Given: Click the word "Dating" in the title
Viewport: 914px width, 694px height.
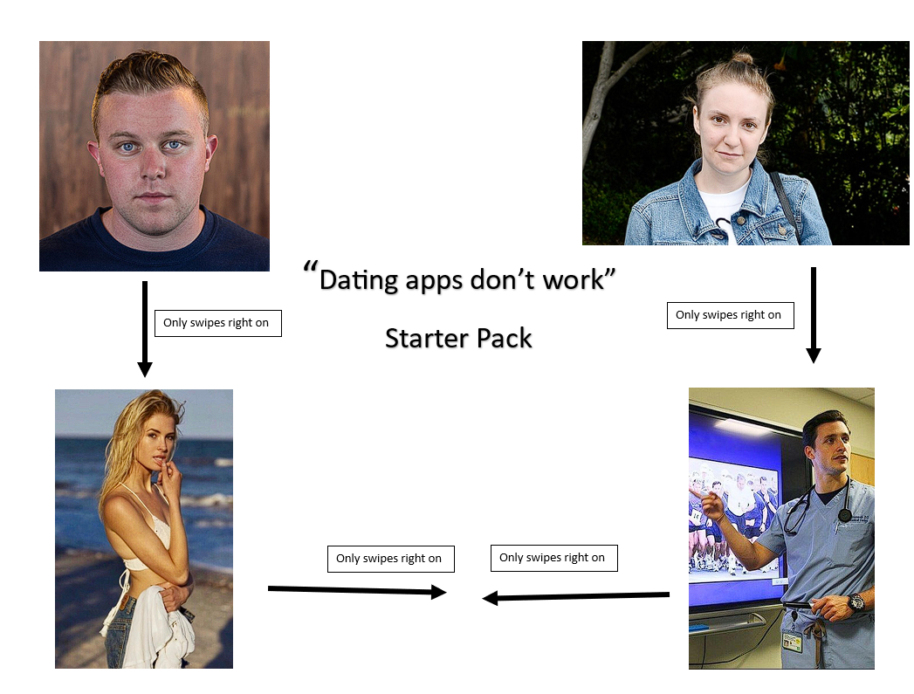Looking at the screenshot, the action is tap(359, 280).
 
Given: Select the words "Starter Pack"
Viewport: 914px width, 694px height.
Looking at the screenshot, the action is tap(459, 338).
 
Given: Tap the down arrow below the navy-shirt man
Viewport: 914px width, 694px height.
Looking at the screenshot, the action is tap(145, 329).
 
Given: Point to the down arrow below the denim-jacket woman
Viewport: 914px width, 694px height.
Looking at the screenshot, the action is tap(813, 315).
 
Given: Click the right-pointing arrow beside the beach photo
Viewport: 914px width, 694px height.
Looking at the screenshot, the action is tap(357, 590).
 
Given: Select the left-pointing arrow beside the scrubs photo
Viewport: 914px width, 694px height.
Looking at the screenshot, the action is tap(576, 596).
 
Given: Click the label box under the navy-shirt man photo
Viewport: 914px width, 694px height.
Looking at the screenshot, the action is tap(218, 323).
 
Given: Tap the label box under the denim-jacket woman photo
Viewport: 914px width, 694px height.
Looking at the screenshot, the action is tap(731, 315).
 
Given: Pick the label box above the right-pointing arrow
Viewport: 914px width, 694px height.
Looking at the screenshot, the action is tap(390, 559).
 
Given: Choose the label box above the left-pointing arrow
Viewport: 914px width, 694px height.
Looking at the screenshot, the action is tap(553, 558).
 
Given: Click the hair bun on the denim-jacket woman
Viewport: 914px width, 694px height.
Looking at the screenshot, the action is tap(742, 58).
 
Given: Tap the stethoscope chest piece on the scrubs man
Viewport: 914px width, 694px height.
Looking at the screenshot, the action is tap(845, 515).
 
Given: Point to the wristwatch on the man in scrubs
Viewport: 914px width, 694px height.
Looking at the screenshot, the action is tap(856, 603).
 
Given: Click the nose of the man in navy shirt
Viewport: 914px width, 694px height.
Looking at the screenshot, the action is tap(153, 167).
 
